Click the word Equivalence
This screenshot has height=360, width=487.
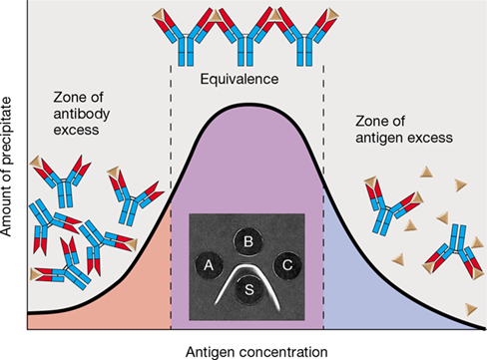click(x=240, y=79)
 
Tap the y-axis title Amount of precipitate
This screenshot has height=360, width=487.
click(x=6, y=167)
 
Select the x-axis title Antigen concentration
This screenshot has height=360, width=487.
click(x=256, y=352)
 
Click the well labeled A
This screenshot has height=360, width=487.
click(x=209, y=265)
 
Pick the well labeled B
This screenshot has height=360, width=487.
click(x=247, y=241)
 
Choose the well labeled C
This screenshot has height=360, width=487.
click(x=287, y=265)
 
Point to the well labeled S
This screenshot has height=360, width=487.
click(x=248, y=289)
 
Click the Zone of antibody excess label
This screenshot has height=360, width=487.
click(x=82, y=114)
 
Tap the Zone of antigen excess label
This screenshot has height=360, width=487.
click(x=404, y=130)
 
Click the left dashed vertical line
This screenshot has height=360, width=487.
click(x=171, y=197)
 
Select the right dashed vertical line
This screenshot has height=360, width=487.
click(x=323, y=197)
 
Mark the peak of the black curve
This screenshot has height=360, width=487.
click(x=246, y=105)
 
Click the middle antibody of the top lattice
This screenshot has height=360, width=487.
click(x=246, y=37)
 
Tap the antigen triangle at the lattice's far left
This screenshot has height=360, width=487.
click(x=158, y=15)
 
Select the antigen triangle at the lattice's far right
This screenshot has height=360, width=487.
click(x=333, y=14)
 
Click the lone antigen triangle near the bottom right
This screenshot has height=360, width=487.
click(x=471, y=309)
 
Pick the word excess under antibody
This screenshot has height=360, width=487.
click(x=76, y=130)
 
